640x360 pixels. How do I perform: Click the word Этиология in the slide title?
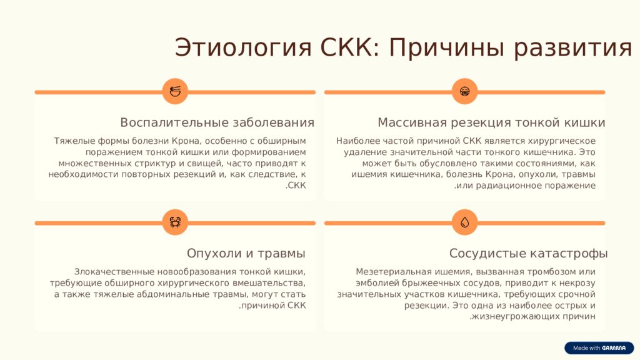243,47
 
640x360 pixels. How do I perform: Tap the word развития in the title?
572,47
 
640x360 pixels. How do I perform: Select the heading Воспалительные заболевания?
217,122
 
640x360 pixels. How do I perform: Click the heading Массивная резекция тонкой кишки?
491,122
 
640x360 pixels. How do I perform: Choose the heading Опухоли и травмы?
246,254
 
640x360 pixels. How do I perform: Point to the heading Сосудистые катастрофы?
529,254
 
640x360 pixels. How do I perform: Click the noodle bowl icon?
175,91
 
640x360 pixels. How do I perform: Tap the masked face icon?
464,91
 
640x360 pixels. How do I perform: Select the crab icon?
175,222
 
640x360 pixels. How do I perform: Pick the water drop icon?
464,222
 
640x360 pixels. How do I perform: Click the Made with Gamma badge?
599,347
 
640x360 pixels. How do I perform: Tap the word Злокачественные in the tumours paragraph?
114,272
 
